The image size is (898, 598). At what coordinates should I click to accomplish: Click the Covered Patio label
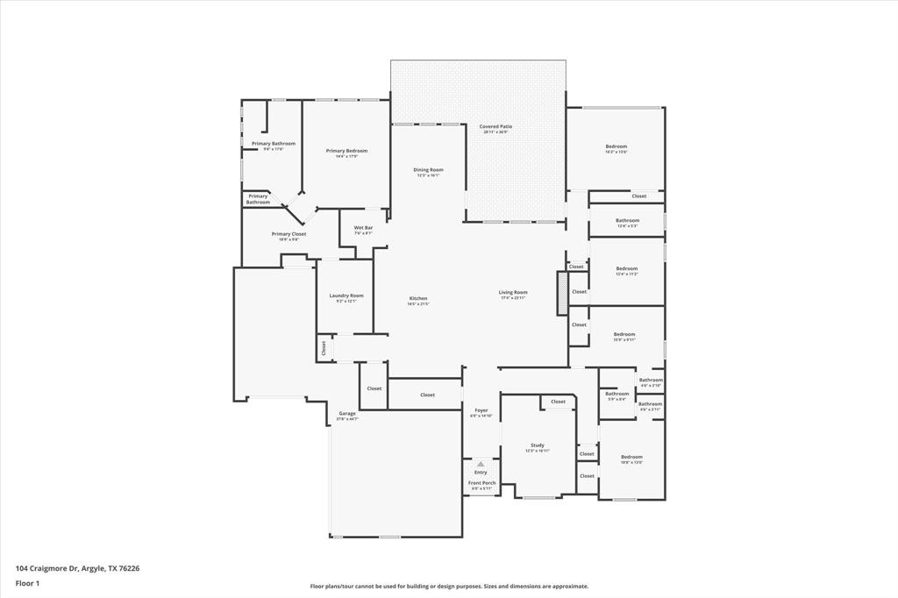(495, 127)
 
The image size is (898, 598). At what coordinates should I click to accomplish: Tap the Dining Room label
(428, 170)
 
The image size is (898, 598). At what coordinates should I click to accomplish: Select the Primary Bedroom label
(346, 152)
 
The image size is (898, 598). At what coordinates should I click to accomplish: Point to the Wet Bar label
(363, 228)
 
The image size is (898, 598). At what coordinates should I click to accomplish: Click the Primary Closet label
(289, 235)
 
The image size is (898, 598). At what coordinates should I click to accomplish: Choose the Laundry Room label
(346, 296)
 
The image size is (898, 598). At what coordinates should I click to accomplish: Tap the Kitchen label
(417, 299)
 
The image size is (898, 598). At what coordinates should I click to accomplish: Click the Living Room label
(513, 293)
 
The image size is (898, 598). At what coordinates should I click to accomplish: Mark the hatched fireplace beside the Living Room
(562, 293)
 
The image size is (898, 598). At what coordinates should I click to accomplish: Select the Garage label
(347, 414)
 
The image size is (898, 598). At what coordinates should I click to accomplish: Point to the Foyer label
(481, 410)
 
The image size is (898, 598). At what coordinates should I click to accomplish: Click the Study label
(538, 445)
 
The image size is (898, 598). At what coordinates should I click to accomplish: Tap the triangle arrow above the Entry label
(481, 464)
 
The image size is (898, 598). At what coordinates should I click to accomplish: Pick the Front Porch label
(481, 483)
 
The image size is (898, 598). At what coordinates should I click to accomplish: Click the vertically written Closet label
(323, 347)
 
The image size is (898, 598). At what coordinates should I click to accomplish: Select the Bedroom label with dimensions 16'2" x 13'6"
(616, 147)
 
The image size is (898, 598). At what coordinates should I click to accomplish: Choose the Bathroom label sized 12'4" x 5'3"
(627, 221)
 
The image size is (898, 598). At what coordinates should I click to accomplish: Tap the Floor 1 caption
(27, 583)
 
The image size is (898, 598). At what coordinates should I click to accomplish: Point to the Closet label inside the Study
(558, 402)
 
